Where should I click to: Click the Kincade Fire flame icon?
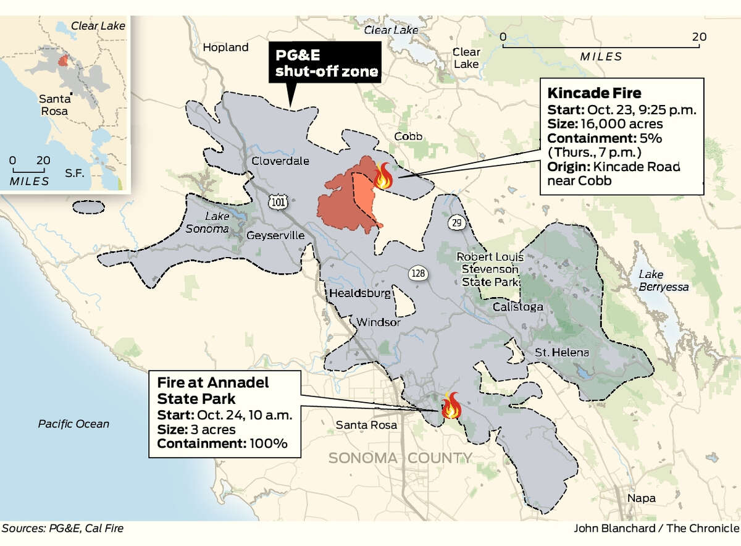point(383,176)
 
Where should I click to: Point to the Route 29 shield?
point(456,223)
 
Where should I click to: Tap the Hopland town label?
point(225,48)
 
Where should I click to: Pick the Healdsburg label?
point(361,293)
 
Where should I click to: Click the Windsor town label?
point(379,322)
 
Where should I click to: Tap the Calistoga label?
point(518,307)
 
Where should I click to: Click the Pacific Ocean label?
point(73,424)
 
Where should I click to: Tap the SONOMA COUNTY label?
point(400,458)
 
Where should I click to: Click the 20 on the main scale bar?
point(698,37)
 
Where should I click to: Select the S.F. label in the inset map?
point(75,174)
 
